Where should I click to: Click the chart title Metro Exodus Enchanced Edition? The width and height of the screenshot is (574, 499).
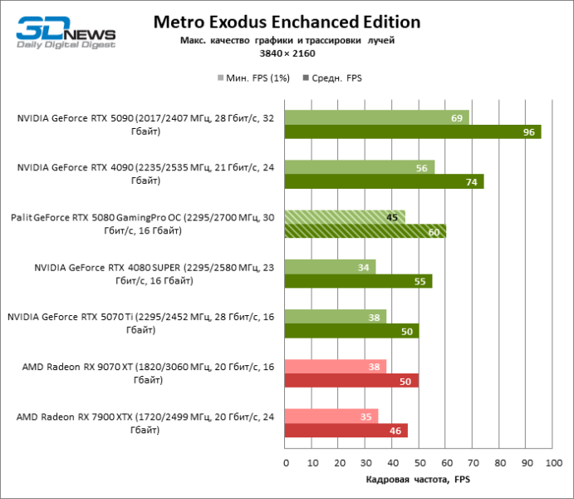(287, 22)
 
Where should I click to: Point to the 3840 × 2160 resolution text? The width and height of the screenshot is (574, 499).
(287, 53)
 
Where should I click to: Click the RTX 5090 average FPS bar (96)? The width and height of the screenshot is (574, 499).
(413, 131)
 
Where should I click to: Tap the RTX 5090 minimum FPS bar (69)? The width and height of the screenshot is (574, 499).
(377, 117)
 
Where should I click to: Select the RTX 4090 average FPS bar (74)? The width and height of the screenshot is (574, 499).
(384, 181)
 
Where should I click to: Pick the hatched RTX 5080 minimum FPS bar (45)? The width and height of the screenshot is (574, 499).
(345, 217)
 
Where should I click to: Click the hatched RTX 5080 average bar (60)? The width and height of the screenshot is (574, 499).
(365, 231)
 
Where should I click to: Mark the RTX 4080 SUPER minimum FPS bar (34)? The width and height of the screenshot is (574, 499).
(330, 267)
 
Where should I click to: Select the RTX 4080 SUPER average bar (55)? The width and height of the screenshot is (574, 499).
(358, 281)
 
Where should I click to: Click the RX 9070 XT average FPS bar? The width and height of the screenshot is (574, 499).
(351, 381)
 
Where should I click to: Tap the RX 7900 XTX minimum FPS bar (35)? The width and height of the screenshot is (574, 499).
(331, 416)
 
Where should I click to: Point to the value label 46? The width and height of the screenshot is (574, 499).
(395, 431)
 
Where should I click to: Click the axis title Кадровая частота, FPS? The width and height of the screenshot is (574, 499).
(418, 480)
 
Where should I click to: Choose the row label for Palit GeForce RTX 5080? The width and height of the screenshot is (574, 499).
(143, 224)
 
